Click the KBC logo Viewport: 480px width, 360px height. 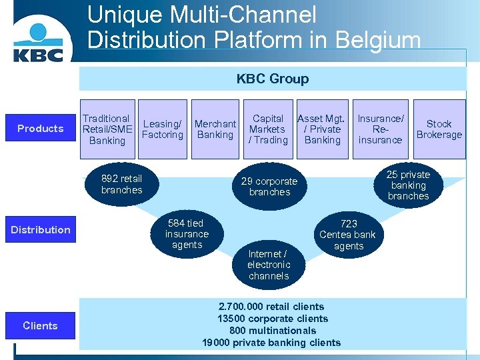[39, 41]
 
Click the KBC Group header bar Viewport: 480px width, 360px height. [272, 79]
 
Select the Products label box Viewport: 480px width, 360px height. [41, 129]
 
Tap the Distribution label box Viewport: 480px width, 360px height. [41, 230]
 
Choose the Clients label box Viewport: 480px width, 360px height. [41, 326]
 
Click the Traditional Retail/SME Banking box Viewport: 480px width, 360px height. [107, 129]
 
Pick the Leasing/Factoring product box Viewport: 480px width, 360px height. [163, 129]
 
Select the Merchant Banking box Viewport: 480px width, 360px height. [215, 129]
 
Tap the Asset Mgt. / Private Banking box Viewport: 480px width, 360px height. [322, 129]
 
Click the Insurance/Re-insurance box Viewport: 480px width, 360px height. [380, 129]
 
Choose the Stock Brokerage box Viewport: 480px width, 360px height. [439, 129]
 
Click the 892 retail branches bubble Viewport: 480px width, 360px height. [121, 184]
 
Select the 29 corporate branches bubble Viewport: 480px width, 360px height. [269, 187]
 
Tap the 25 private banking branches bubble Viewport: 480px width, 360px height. [408, 185]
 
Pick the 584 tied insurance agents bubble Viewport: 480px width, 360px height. [187, 234]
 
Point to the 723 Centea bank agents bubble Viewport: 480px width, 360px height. [348, 235]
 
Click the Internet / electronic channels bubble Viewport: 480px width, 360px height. [268, 265]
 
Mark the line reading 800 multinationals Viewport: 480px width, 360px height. [272, 331]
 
